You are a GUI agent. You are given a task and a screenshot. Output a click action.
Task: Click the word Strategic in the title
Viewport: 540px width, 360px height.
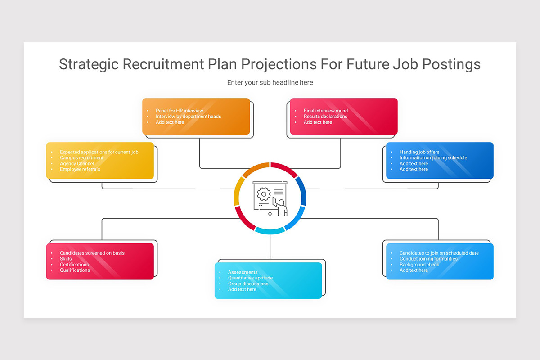pyautogui.click(x=89, y=64)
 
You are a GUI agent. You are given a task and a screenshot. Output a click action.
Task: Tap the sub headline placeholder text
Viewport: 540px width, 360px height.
pyautogui.click(x=270, y=83)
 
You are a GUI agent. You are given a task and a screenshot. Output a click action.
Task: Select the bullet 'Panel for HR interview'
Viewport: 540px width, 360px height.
pyautogui.click(x=180, y=111)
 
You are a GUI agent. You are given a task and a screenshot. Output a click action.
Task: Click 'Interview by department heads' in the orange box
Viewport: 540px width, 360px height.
pyautogui.click(x=189, y=117)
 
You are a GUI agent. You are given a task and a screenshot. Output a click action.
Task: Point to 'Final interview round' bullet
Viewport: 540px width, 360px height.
pyautogui.click(x=326, y=111)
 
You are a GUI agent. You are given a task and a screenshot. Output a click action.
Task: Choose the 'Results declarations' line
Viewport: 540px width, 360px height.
pyautogui.click(x=325, y=117)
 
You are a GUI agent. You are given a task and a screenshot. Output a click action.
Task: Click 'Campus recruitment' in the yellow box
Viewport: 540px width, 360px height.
pyautogui.click(x=81, y=158)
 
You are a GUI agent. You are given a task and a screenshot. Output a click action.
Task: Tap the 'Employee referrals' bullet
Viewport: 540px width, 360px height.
pyautogui.click(x=80, y=169)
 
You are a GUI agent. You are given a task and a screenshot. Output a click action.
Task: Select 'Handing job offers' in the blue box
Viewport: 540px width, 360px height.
pyautogui.click(x=419, y=152)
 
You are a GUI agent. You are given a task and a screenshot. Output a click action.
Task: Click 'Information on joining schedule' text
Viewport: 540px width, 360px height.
pyautogui.click(x=433, y=158)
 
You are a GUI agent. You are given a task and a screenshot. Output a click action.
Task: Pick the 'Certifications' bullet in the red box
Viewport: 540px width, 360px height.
pyautogui.click(x=74, y=265)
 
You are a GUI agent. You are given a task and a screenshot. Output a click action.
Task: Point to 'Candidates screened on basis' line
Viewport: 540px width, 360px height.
pyautogui.click(x=92, y=253)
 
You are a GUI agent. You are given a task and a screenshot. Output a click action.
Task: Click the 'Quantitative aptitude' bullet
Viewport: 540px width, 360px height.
pyautogui.click(x=250, y=278)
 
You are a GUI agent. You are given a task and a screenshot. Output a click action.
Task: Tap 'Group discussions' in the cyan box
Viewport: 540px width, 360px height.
pyautogui.click(x=248, y=284)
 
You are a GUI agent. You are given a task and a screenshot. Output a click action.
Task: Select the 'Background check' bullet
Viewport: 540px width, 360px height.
pyautogui.click(x=419, y=265)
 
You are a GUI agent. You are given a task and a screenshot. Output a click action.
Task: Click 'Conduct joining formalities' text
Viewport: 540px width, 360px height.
pyautogui.click(x=428, y=259)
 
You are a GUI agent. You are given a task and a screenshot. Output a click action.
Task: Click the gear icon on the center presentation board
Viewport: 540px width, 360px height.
pyautogui.click(x=263, y=194)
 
